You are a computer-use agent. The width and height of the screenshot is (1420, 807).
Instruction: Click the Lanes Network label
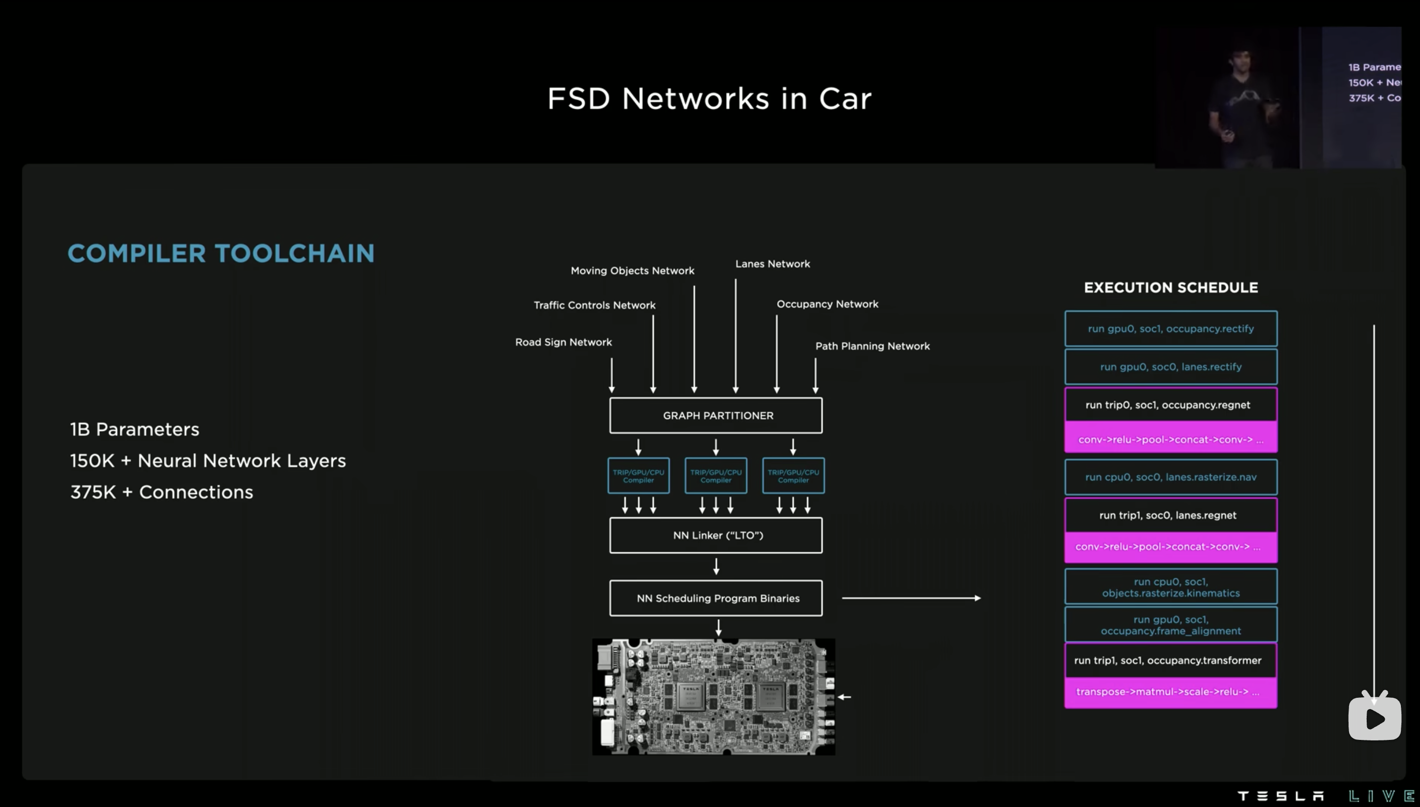click(772, 264)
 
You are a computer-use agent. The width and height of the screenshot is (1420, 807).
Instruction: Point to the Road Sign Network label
click(563, 342)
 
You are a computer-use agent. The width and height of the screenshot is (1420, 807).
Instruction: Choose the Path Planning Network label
click(872, 346)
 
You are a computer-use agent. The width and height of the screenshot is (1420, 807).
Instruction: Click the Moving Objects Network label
click(632, 270)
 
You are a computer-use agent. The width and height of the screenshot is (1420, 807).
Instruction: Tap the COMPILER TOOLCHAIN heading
click(220, 253)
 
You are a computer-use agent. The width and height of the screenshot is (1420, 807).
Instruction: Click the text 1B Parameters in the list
click(135, 429)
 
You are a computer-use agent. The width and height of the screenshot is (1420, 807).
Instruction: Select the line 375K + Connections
click(161, 492)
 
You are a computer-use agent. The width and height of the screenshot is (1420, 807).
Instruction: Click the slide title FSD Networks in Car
click(710, 98)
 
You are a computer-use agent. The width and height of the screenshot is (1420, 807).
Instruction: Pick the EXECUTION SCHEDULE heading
click(1170, 287)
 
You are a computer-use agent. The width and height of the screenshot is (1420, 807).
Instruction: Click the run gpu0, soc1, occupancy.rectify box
click(1170, 329)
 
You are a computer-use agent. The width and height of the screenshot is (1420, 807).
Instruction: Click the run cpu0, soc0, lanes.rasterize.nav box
click(1170, 476)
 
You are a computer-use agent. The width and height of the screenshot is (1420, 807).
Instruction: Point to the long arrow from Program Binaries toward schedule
click(911, 598)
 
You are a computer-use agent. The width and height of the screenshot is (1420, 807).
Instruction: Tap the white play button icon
click(1374, 718)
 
